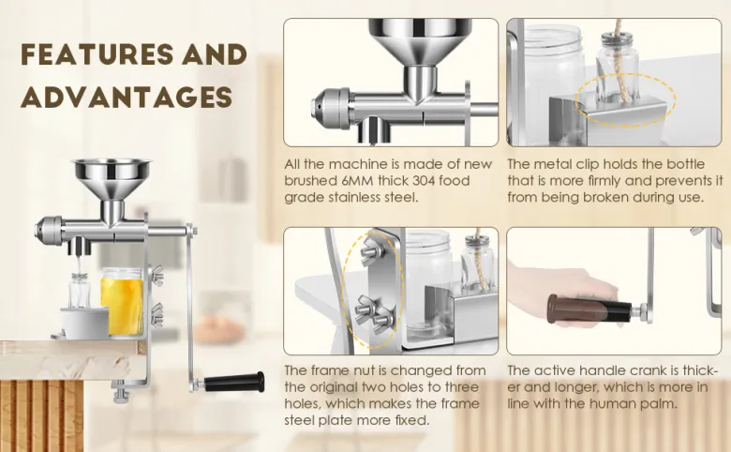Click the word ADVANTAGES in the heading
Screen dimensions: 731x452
(x=127, y=97)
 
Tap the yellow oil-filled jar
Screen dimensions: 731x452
(x=122, y=301)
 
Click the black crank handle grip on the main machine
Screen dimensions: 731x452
(x=234, y=382)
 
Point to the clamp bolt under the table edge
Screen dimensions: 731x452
(x=122, y=392)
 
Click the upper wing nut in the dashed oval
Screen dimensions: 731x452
(x=371, y=251)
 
